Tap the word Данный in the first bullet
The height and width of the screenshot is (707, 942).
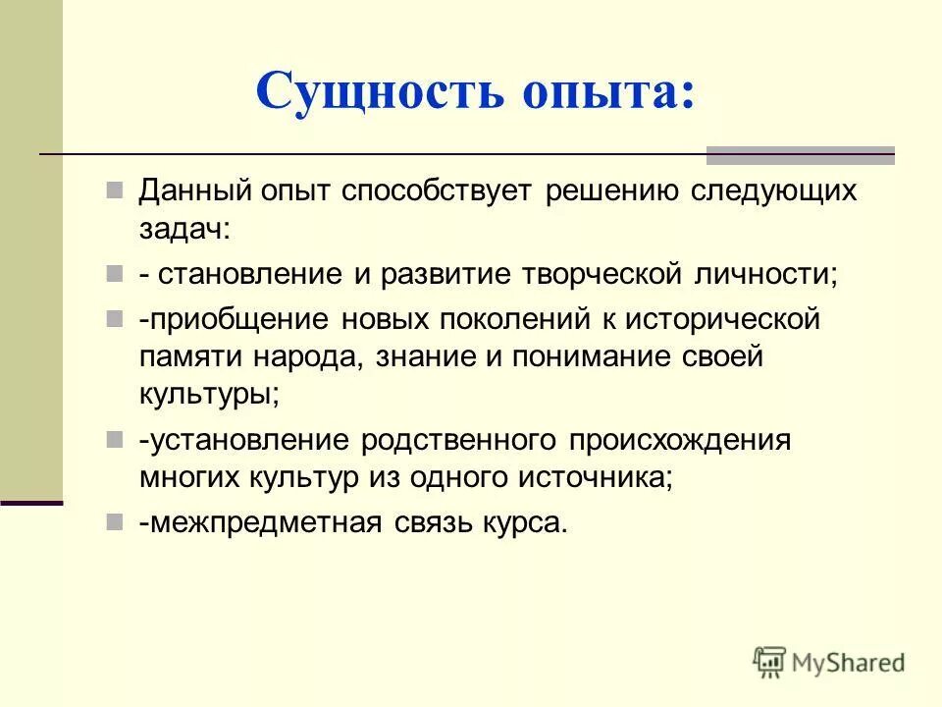pos(196,190)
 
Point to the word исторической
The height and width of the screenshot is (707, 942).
pos(725,319)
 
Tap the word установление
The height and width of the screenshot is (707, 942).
pos(247,440)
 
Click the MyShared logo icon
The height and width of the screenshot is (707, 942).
pos(770,663)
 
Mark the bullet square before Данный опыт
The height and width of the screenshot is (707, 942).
pos(115,189)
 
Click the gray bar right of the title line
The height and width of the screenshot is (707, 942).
pos(800,155)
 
